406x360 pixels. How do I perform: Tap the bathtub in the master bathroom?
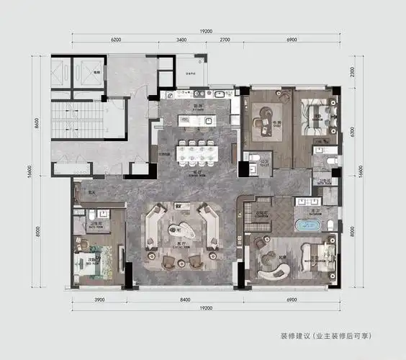click(307, 225)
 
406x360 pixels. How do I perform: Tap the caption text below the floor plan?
click(326, 336)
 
